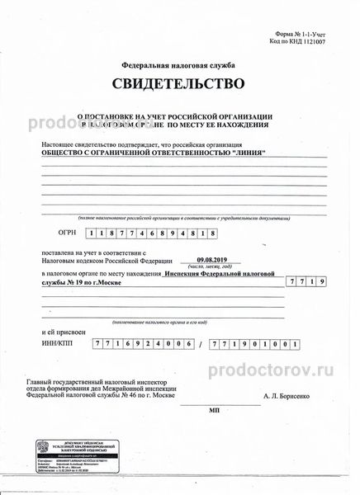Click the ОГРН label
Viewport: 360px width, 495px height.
52,233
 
